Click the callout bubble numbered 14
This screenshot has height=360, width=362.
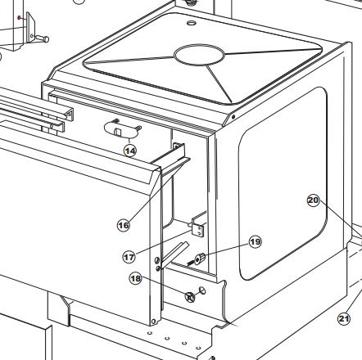(x=130, y=151)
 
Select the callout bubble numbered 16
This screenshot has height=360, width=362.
(x=124, y=225)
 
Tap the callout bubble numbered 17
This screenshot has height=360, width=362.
(x=129, y=257)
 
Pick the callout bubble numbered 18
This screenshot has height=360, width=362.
(x=136, y=278)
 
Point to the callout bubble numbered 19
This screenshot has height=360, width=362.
(x=256, y=241)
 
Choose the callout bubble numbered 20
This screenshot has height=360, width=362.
(x=313, y=200)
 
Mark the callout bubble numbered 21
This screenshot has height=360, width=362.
(x=344, y=318)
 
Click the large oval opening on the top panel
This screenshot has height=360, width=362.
(x=199, y=55)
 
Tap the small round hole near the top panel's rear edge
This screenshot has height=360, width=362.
(x=192, y=23)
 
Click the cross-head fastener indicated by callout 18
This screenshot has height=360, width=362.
(x=190, y=297)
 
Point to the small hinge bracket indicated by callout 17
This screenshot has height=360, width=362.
(x=198, y=227)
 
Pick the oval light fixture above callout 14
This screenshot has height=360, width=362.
(x=121, y=128)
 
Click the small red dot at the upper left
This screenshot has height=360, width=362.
(x=19, y=18)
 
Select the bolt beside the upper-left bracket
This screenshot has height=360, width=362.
(x=40, y=38)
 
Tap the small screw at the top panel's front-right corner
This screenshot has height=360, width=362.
(x=233, y=117)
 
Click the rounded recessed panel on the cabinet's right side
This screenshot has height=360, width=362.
(x=283, y=183)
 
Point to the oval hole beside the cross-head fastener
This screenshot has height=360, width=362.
(x=202, y=290)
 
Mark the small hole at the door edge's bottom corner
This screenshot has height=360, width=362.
(x=153, y=322)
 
